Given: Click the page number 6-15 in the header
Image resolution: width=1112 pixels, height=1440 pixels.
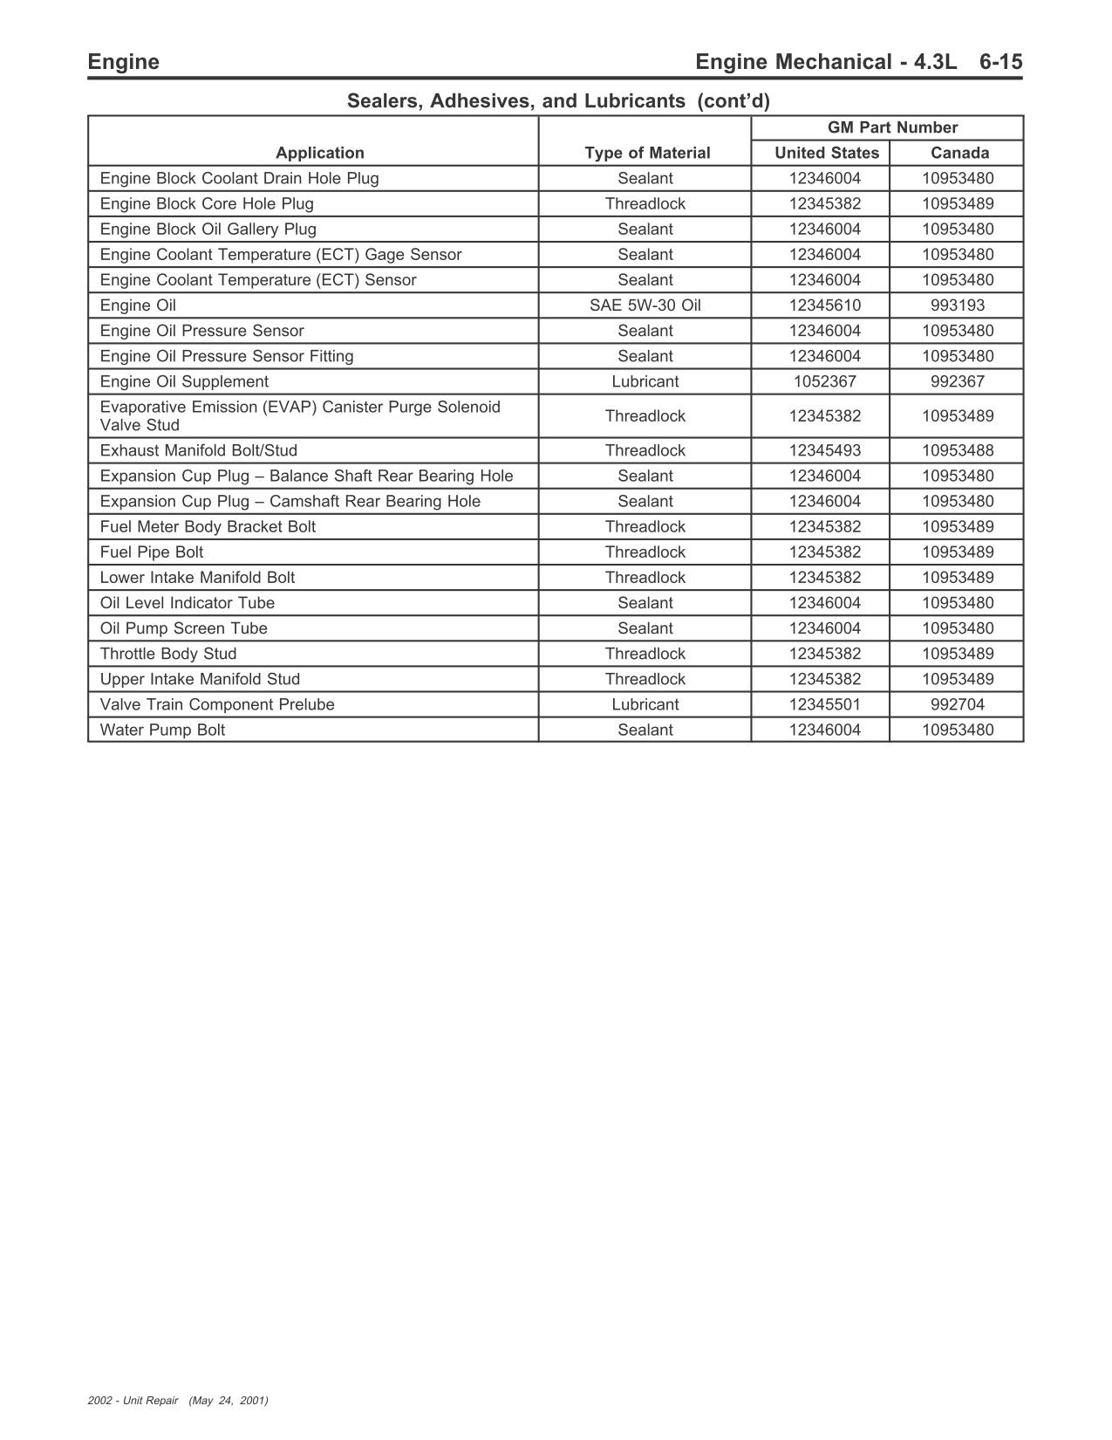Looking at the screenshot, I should [1000, 62].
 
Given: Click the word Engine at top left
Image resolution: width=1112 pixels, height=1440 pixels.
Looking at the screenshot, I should [123, 62].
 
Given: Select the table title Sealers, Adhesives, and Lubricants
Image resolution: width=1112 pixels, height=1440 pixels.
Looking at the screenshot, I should [558, 101].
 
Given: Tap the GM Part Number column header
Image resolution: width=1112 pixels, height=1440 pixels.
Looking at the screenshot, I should [892, 127].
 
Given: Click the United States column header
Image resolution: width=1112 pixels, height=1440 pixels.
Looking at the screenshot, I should [826, 153].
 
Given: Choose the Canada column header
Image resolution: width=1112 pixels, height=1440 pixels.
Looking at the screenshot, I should [959, 153].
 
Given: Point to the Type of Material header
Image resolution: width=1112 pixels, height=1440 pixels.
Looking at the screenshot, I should [647, 153].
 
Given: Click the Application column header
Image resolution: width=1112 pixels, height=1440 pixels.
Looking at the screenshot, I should [320, 153].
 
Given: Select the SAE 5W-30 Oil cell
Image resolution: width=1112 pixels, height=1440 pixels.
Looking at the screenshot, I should [645, 305].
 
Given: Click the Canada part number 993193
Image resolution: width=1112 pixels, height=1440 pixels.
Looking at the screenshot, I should [958, 305].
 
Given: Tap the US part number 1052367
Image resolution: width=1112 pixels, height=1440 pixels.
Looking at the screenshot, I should [824, 381].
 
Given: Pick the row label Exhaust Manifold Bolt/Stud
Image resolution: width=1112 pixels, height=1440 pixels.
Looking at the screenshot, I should [199, 450].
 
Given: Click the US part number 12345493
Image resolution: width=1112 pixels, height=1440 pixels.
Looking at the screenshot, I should [824, 450].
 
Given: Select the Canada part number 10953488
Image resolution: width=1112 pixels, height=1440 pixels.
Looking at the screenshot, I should [958, 450].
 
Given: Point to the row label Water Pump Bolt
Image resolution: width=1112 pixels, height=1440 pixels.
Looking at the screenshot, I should [162, 730].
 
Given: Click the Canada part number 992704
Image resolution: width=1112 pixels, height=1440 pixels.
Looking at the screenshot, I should [958, 704].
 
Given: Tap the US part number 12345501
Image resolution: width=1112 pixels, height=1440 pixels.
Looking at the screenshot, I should [824, 704].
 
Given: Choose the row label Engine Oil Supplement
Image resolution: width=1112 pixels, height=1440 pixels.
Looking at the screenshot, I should [184, 381].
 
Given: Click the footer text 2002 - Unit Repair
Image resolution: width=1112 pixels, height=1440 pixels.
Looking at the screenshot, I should [133, 1401].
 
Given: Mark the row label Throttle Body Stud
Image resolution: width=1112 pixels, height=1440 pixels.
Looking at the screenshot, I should [168, 654].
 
